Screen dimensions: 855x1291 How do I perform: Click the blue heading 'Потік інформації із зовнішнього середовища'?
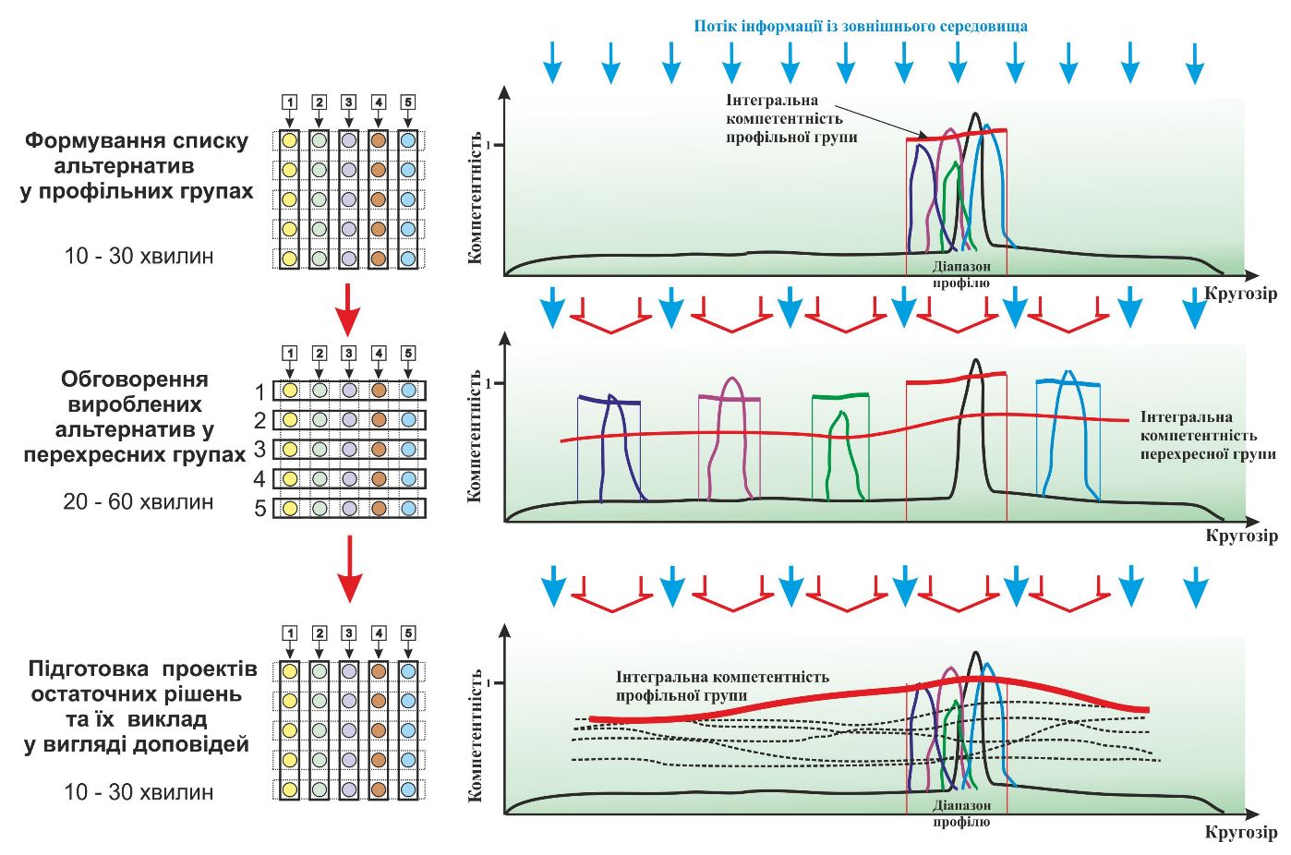point(861,26)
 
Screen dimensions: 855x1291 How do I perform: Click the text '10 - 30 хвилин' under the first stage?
point(139,256)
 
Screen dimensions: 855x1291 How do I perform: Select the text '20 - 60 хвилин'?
point(139,502)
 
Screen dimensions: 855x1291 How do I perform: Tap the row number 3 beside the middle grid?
point(259,450)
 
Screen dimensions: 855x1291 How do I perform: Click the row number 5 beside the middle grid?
point(259,509)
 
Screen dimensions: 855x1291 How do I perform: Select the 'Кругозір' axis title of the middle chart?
point(1241,536)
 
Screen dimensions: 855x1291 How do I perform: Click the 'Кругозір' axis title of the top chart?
point(1241,295)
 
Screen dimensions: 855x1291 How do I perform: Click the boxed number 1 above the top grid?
point(290,102)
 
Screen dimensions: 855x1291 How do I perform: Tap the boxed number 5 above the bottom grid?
point(408,633)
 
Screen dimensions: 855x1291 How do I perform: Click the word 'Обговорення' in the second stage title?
point(135,379)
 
